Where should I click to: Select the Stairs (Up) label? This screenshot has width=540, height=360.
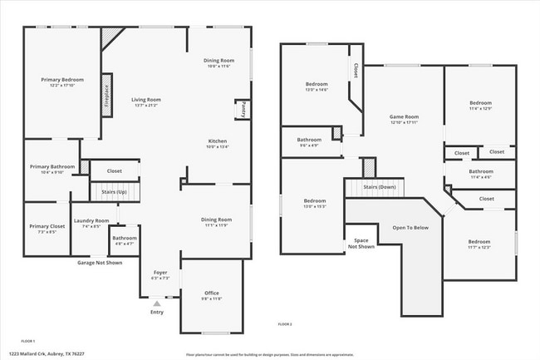click(x=114, y=193)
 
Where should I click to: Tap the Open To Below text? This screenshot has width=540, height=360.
click(x=410, y=227)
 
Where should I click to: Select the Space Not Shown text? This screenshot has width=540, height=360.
click(x=361, y=244)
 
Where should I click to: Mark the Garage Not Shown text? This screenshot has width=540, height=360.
click(x=100, y=263)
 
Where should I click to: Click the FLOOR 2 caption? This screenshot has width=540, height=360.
click(x=285, y=324)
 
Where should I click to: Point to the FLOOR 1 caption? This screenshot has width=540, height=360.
click(x=28, y=342)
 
